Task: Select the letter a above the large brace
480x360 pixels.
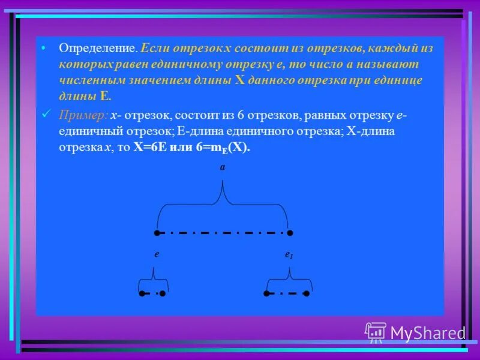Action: tap(222, 168)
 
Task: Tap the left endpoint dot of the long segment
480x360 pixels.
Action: tap(157, 233)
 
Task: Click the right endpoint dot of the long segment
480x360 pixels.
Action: tap(289, 233)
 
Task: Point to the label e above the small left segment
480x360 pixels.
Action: tap(156, 254)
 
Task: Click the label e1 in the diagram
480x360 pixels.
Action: tap(289, 255)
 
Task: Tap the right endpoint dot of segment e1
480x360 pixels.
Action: tap(307, 294)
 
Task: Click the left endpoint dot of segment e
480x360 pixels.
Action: tap(142, 294)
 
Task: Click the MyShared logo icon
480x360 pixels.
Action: tap(376, 332)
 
